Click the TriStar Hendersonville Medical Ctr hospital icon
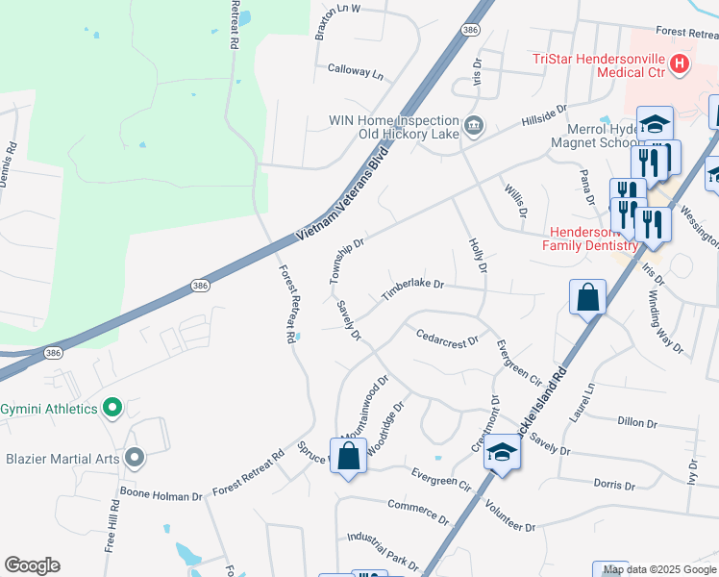(x=680, y=64)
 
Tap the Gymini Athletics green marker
(x=112, y=409)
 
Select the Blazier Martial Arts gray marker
(x=134, y=458)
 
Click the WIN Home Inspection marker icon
(x=473, y=125)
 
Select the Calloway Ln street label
(x=355, y=71)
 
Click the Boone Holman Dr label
(x=161, y=497)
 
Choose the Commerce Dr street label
(x=418, y=511)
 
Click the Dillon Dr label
(x=638, y=422)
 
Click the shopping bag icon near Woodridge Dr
(x=348, y=455)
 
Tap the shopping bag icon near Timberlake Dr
(x=587, y=297)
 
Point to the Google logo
(x=32, y=565)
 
